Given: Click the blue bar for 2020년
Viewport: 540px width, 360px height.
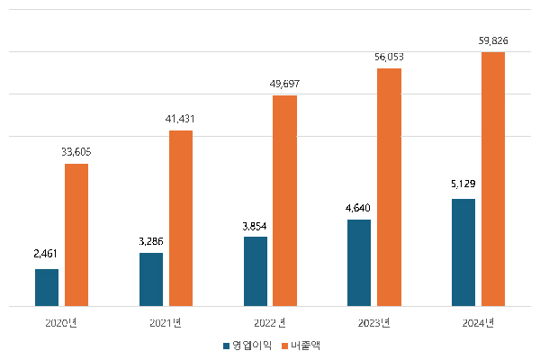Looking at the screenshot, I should click(47, 287).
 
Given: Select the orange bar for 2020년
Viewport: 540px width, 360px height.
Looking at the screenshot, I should click(76, 235).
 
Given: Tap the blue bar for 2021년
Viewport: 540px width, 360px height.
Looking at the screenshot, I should click(151, 279).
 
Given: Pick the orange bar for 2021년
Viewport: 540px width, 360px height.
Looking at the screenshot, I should click(181, 219).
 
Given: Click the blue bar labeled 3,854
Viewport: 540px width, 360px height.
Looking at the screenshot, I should click(256, 271).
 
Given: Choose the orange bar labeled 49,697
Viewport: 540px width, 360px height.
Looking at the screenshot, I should click(285, 201).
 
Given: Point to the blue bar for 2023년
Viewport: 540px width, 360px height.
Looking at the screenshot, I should click(359, 262).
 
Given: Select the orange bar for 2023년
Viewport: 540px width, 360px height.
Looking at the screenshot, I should click(390, 187).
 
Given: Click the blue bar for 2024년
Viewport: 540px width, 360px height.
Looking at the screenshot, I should click(463, 252).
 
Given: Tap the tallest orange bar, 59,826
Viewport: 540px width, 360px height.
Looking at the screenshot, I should click(493, 179).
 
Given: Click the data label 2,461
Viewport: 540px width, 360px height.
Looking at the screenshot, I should click(46, 255).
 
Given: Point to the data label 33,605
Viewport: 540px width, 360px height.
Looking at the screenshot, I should click(76, 151).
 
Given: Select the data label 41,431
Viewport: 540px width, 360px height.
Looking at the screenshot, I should click(181, 118).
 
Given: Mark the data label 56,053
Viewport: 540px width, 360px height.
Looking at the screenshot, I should click(390, 56).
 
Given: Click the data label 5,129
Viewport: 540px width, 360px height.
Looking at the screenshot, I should click(463, 184).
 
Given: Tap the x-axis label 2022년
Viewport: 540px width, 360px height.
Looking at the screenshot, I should click(270, 323).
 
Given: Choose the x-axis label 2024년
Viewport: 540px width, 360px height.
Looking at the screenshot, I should click(478, 323).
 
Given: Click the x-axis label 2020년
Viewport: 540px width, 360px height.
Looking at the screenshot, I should click(61, 323).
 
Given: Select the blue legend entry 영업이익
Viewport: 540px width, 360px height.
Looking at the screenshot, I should click(246, 345).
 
